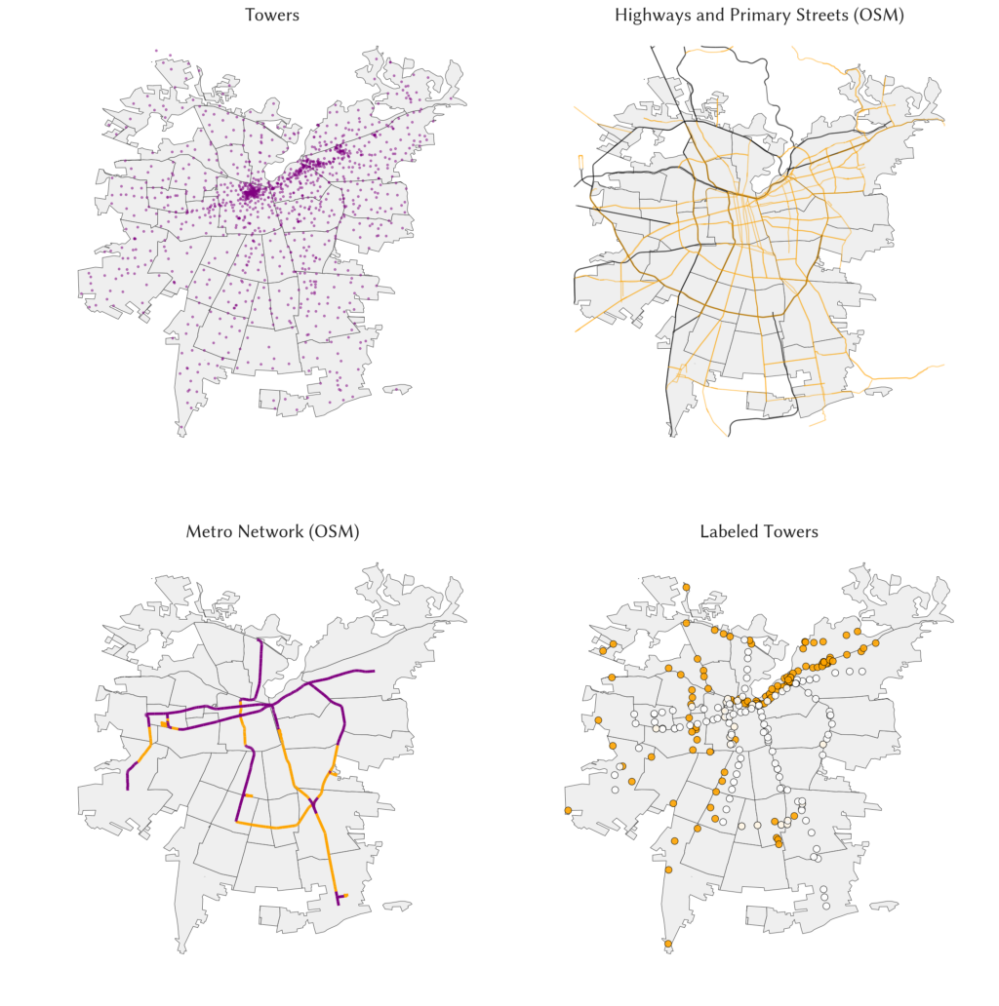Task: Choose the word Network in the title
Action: [270, 531]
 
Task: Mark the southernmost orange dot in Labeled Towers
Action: [668, 944]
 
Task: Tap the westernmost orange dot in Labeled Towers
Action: [567, 810]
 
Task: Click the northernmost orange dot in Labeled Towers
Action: [686, 587]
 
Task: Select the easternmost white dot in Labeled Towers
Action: [862, 672]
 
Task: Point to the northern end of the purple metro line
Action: [259, 640]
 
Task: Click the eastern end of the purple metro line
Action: [375, 672]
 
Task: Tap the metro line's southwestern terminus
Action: [128, 790]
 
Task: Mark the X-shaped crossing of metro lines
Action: [314, 804]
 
